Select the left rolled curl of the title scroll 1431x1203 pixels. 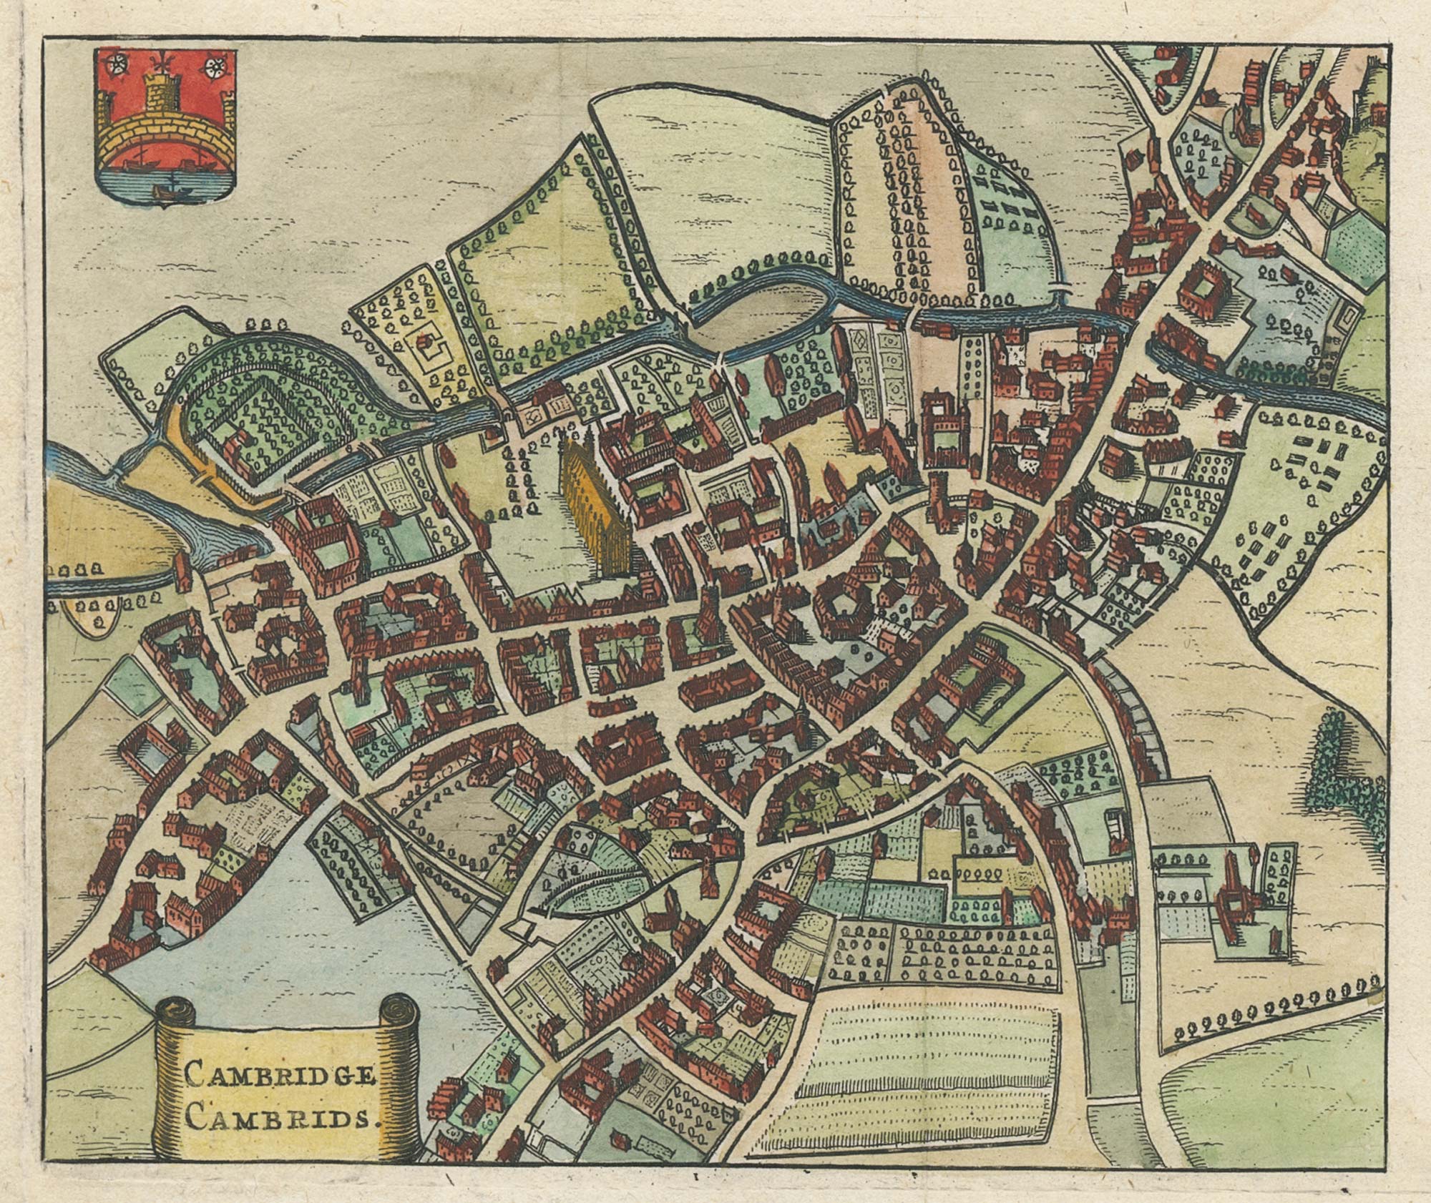coord(175,1016)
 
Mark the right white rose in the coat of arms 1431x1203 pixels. coord(213,68)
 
